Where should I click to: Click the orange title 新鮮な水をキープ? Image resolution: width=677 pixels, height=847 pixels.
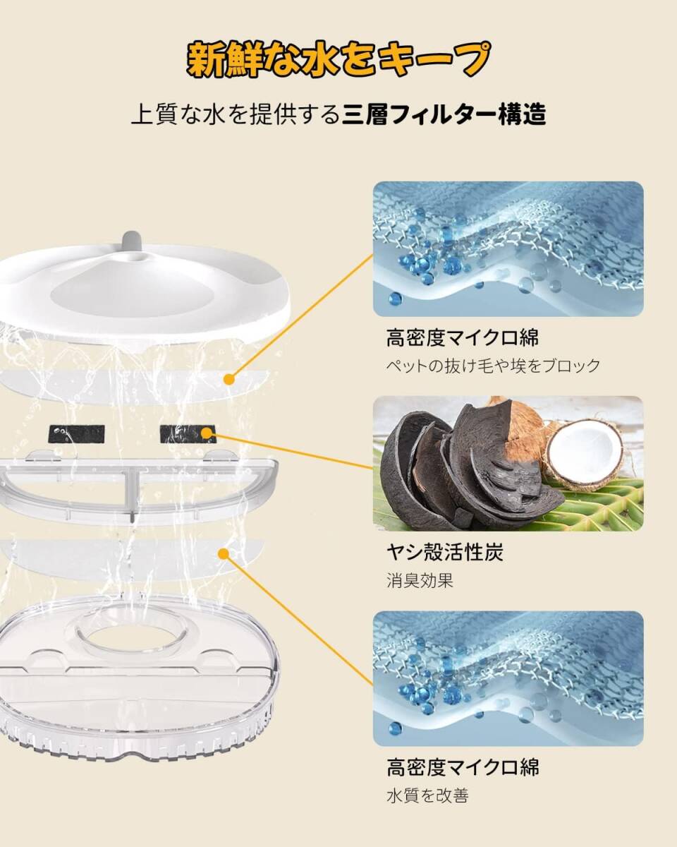[x=338, y=61]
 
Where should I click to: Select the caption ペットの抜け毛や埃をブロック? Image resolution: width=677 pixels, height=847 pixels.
[x=493, y=366]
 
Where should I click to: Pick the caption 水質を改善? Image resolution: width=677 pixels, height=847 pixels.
[x=427, y=795]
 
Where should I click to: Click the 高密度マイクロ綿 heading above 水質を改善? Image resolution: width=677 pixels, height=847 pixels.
[x=463, y=767]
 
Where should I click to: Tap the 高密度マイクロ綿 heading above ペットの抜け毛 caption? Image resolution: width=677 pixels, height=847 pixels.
[x=463, y=337]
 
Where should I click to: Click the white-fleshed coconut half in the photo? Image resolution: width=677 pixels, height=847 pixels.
[x=585, y=452]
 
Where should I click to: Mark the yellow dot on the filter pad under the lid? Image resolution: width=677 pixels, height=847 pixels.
[x=228, y=380]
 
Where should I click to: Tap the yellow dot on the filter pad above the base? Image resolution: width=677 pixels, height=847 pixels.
[x=224, y=554]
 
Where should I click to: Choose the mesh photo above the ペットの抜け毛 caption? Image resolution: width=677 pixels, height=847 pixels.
[x=508, y=248]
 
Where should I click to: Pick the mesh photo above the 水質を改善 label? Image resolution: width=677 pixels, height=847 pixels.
[x=508, y=678]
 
